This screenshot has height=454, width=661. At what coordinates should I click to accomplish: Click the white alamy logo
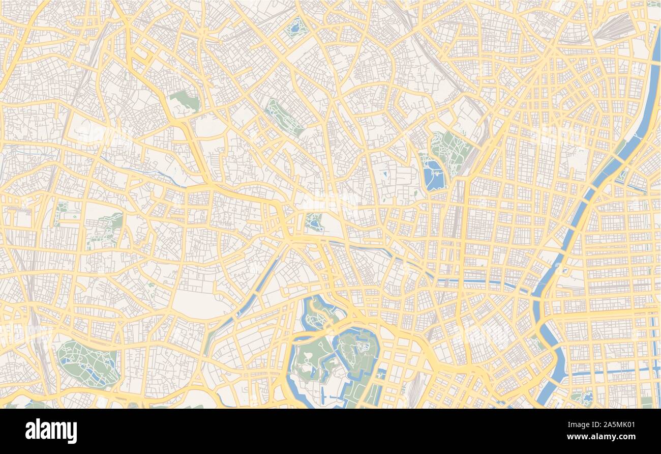point(51,431)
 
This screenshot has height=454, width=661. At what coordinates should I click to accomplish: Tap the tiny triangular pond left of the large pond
point(385,175)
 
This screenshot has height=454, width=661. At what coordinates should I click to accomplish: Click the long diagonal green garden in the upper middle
point(284,118)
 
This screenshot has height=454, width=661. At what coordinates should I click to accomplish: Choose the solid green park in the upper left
point(185,100)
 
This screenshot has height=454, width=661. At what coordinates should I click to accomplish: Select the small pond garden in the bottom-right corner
point(583,397)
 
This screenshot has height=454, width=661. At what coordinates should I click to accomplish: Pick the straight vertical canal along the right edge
point(655,356)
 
